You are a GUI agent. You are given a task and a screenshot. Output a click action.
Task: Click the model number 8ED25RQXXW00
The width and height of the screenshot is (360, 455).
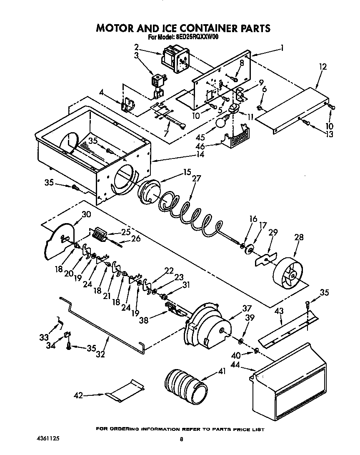(195, 37)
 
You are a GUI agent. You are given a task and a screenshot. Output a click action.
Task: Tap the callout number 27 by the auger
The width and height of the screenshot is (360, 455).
(196, 178)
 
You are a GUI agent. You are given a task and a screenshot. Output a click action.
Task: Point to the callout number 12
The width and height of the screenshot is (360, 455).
(322, 67)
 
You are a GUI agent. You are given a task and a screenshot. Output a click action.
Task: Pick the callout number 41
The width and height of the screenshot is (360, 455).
(222, 371)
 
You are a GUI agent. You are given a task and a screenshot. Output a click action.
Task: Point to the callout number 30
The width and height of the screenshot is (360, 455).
(86, 215)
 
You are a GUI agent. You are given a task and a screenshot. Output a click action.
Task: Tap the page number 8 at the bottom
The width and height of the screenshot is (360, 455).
(181, 439)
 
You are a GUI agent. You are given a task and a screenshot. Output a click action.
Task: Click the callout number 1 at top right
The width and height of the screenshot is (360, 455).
(282, 48)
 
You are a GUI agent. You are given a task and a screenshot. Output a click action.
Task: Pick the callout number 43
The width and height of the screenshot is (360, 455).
(279, 311)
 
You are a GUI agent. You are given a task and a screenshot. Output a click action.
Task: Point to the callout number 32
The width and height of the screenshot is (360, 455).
(101, 355)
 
